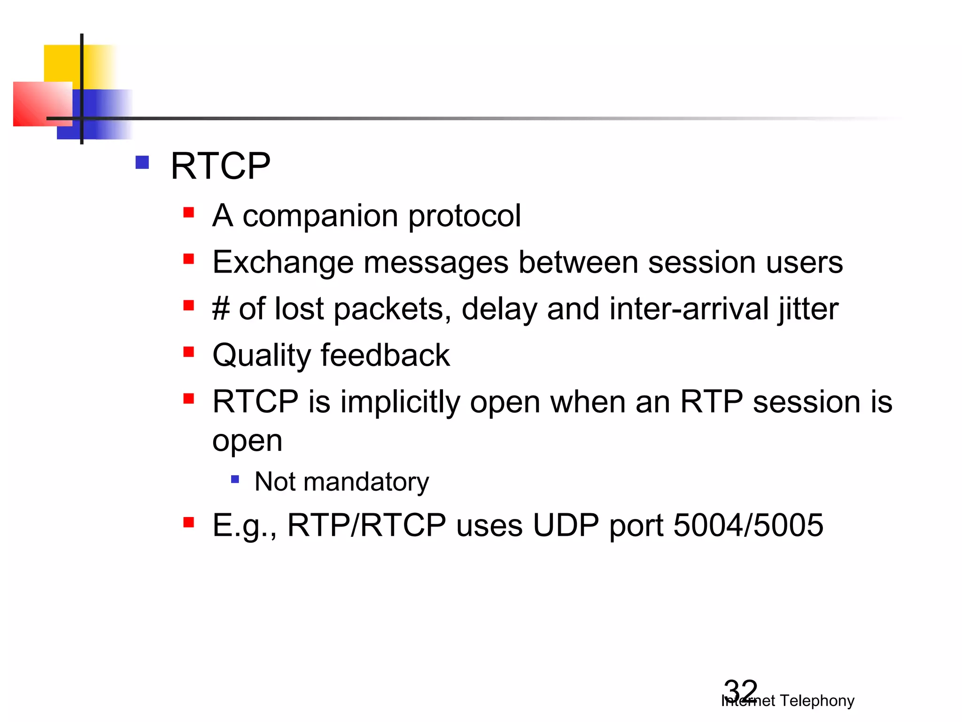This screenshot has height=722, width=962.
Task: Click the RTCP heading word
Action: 220,166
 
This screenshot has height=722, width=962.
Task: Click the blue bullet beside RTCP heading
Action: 142,163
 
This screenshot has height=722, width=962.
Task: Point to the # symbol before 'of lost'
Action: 221,309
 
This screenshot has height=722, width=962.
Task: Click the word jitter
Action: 808,309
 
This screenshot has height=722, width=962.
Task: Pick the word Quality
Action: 261,355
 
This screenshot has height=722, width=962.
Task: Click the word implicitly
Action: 400,402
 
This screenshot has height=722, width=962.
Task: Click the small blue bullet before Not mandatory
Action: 235,479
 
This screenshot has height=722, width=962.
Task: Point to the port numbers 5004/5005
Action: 748,525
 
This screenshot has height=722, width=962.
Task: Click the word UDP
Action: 566,525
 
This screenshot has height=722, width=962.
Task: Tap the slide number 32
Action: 740,691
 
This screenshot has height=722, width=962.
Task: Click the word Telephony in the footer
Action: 817,701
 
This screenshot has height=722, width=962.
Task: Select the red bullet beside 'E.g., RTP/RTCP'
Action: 189,522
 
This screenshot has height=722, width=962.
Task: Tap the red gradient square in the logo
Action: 40,103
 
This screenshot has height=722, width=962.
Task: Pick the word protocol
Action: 465,216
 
